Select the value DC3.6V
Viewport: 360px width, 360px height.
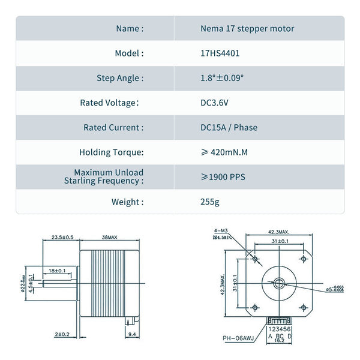point(214,103)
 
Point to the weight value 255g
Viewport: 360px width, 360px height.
point(210,202)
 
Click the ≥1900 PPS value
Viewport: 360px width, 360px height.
point(223,177)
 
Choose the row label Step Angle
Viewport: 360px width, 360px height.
point(120,78)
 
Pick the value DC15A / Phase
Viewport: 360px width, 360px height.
point(229,127)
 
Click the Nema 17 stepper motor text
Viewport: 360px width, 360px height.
point(247,28)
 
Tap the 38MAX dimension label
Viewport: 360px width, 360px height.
point(110,238)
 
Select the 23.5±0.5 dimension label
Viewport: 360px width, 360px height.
point(62,238)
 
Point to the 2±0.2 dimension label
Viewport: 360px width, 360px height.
point(62,334)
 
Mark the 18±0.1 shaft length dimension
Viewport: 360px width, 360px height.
point(58,271)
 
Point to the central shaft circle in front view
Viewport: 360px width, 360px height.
point(277,281)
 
